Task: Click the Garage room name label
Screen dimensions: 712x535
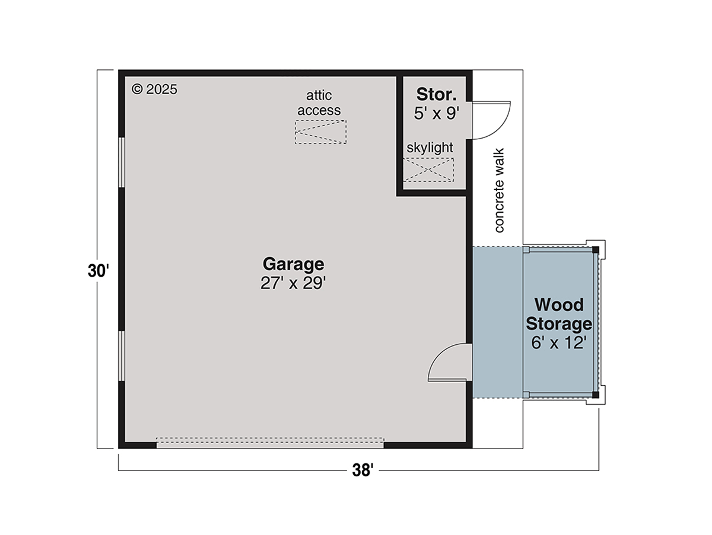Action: click(293, 264)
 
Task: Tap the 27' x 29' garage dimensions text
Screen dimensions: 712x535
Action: click(293, 283)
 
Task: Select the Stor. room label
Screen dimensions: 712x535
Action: click(436, 94)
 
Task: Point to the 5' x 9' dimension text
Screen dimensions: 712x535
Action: click(436, 113)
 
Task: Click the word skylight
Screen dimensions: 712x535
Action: click(430, 148)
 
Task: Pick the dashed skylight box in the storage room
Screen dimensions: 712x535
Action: click(428, 169)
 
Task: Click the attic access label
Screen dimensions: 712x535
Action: click(319, 103)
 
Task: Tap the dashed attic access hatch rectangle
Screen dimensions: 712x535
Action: click(320, 132)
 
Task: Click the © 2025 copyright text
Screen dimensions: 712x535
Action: click(154, 89)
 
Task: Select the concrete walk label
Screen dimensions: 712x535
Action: click(499, 190)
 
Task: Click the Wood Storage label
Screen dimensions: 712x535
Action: click(559, 314)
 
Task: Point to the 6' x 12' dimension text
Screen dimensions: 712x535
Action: click(559, 342)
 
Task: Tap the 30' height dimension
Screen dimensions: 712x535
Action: click(98, 271)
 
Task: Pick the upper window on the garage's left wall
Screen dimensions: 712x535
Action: click(121, 162)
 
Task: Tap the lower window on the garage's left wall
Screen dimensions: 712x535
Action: click(121, 356)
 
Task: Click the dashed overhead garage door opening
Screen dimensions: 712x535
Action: click(270, 443)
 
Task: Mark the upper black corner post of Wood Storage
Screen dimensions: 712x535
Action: click(596, 250)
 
